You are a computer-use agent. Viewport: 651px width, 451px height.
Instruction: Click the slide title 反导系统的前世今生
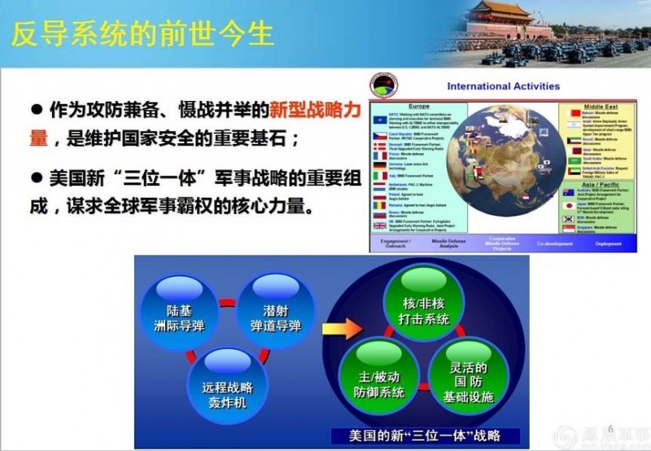142,33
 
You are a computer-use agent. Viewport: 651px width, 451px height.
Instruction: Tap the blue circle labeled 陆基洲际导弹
181,317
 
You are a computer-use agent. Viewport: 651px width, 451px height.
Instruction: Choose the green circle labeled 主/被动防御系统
375,383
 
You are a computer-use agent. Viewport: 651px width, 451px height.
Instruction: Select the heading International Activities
503,85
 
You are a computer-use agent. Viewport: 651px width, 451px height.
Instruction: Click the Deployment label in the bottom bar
606,243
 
